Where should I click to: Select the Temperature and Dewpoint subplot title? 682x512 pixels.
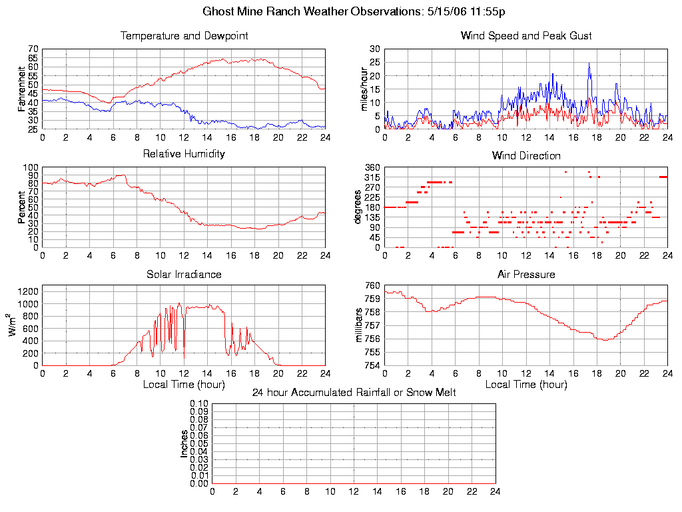pos(184,36)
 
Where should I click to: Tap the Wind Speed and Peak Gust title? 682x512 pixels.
pos(526,36)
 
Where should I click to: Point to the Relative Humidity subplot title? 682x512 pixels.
pos(184,154)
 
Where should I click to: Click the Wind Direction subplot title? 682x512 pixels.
pos(526,156)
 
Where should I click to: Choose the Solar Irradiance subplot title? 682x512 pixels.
pos(184,274)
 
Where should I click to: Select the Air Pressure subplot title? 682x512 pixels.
pos(526,274)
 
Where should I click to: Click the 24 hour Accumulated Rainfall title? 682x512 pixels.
pos(354,393)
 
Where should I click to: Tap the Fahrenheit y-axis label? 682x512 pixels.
pos(21,89)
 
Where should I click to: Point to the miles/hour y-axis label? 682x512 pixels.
pos(364,89)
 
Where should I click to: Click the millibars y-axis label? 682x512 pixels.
pos(359,325)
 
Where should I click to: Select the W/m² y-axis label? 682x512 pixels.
pos(13,325)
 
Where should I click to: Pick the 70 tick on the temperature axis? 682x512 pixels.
pos(33,49)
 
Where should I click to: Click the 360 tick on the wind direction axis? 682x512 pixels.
pos(372,167)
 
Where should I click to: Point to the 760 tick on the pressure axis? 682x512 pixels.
pos(372,285)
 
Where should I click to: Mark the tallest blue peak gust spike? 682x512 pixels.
pos(589,63)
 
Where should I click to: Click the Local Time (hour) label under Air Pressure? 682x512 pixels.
pos(526,385)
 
